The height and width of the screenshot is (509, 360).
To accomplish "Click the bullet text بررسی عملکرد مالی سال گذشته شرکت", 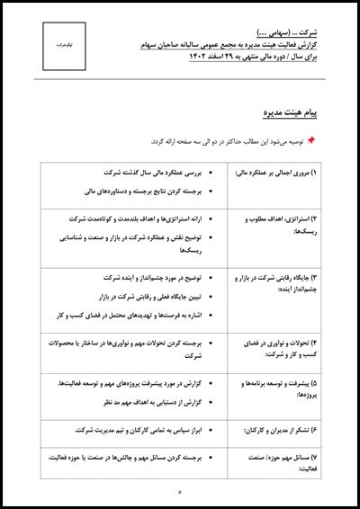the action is (168, 171).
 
